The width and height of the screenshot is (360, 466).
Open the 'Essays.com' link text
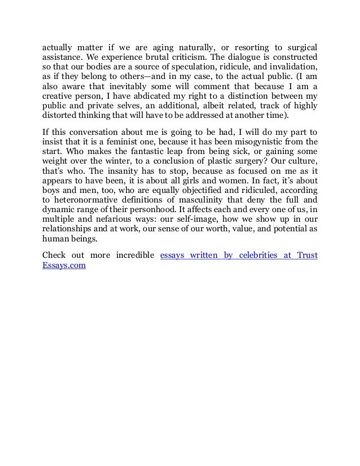64,265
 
